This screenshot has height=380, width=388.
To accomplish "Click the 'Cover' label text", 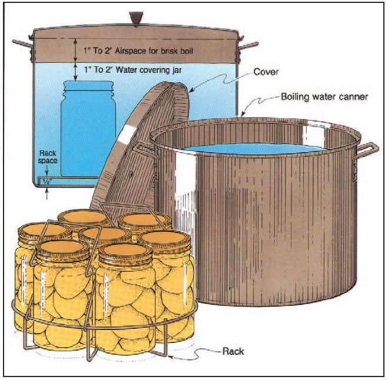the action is point(266,72).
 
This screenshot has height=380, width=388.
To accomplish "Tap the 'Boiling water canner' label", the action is point(324,97).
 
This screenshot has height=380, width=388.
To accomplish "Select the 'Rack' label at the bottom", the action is point(233,351).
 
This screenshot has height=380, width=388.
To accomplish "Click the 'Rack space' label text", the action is point(48,157).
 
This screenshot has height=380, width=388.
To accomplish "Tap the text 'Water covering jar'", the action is point(148,70).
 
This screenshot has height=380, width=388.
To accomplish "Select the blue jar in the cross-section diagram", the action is point(88,129).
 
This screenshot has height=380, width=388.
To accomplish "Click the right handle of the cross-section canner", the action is point(248,46).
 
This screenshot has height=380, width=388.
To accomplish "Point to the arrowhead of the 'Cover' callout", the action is point(191,90).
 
